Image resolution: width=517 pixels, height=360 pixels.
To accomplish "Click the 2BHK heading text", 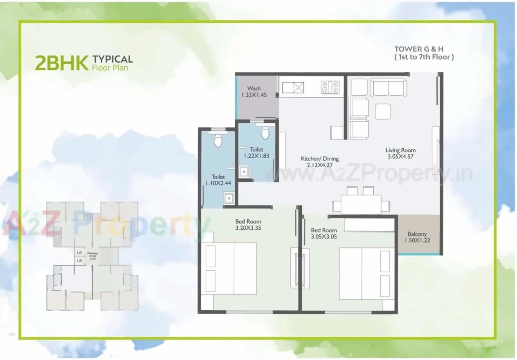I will tap(61, 63).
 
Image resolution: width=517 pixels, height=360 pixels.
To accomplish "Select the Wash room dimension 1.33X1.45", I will tap(253, 95).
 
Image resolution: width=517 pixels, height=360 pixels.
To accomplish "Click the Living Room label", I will tap(400, 150).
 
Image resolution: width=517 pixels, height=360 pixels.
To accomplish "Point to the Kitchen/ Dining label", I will tap(319, 159).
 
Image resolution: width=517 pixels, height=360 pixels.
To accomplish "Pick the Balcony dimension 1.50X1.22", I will tap(417, 241).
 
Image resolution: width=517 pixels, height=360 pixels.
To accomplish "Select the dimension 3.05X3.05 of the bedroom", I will tap(324, 237).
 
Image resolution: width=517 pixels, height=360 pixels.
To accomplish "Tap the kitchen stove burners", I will tap(330, 87).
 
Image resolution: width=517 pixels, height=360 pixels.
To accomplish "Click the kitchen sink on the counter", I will tap(293, 88).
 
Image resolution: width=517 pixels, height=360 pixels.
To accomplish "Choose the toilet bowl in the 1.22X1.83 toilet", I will tap(265, 132).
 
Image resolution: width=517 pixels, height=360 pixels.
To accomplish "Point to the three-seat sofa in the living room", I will tap(388, 87).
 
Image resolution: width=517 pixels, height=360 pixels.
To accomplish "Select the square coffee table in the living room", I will tap(383, 112).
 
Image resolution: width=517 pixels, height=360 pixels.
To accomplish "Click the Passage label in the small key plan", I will tap(93, 253).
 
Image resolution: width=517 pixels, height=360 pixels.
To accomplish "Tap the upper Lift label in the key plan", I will tap(79, 252).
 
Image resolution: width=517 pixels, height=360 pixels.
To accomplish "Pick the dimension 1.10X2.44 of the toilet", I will tap(218, 183).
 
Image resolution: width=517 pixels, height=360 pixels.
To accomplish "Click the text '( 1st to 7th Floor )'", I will tap(424, 57).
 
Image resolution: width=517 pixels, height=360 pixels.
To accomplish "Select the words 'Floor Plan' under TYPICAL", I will tap(110, 67).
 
